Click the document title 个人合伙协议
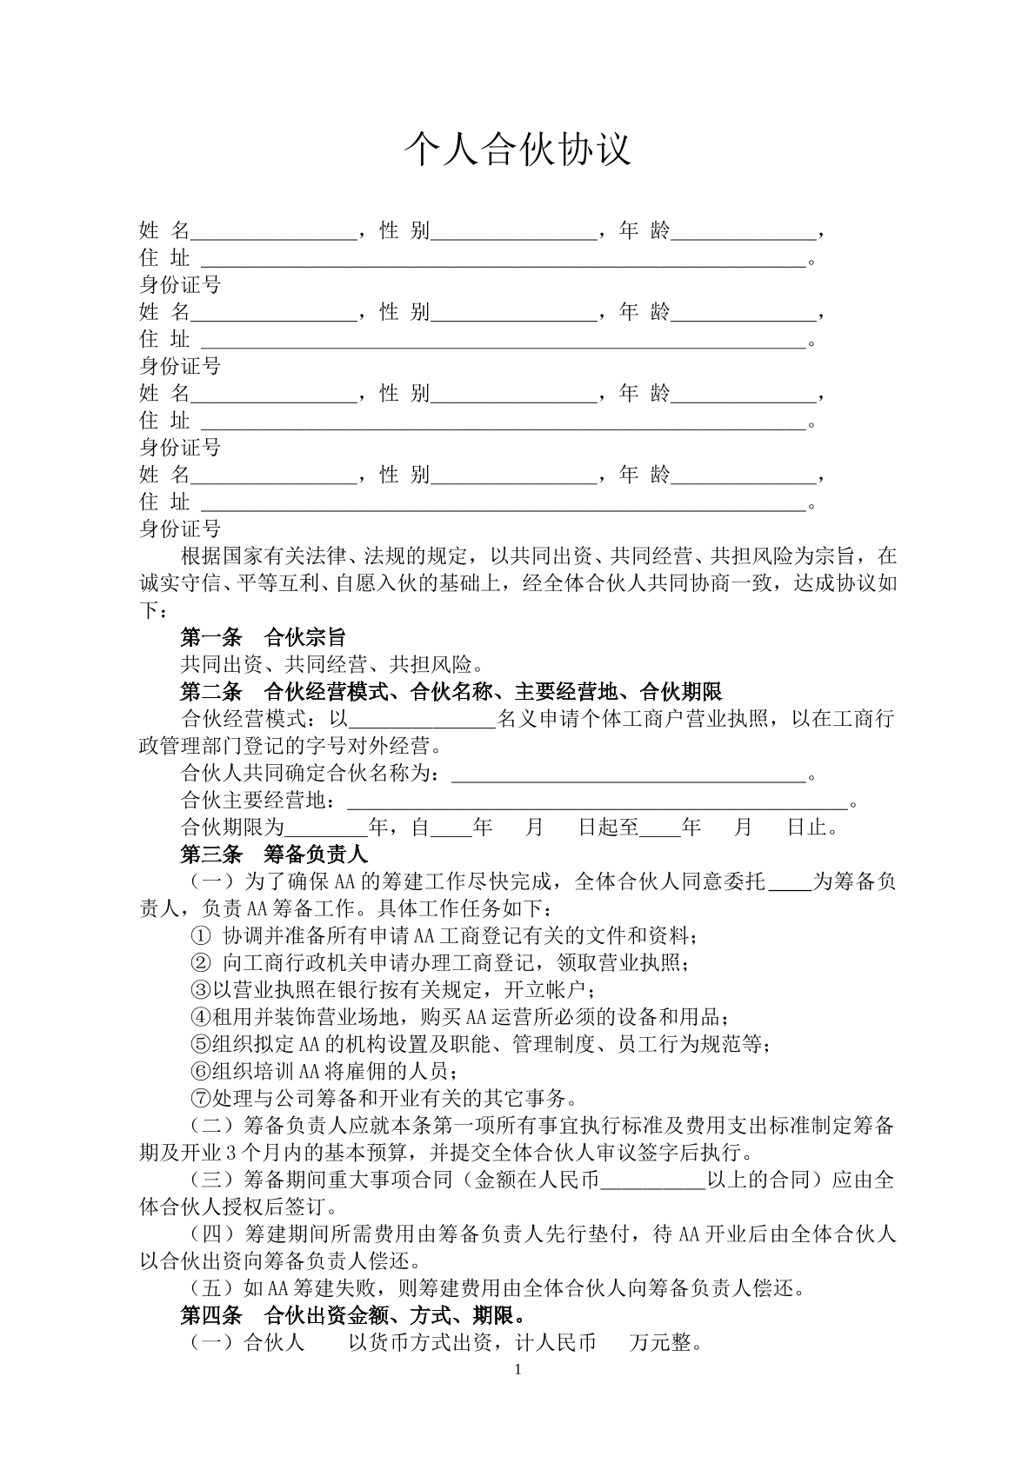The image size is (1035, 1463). pos(517,150)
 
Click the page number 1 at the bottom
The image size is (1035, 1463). pos(518,1370)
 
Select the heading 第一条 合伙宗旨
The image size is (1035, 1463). pos(263,637)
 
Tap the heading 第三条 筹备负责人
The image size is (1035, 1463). pos(274,854)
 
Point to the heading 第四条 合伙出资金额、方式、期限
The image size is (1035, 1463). pos(351,1315)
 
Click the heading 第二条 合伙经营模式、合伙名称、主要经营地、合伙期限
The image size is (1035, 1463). pos(451,692)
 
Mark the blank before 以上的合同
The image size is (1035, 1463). pos(652,1180)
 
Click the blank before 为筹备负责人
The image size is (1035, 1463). pos(790,881)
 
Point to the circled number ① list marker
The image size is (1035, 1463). pos(200,936)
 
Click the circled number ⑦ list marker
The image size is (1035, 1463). pos(200,1098)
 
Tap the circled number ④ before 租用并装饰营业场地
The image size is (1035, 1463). pos(200,1017)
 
